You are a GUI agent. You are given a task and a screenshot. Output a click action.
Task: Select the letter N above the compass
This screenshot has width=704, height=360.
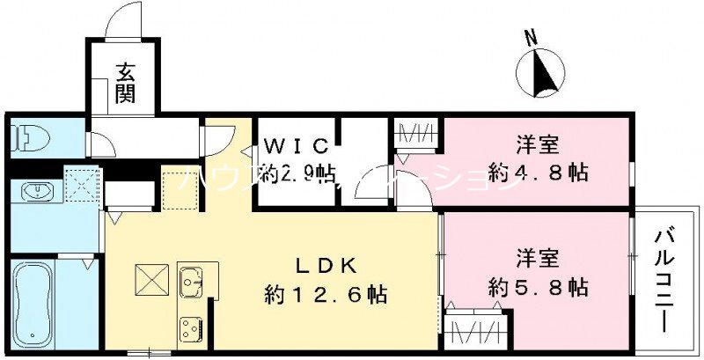tap(530, 38)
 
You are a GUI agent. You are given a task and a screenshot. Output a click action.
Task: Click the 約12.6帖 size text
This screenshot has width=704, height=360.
tap(326, 295)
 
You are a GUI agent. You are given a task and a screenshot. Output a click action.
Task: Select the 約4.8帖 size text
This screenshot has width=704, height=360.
tap(539, 173)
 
